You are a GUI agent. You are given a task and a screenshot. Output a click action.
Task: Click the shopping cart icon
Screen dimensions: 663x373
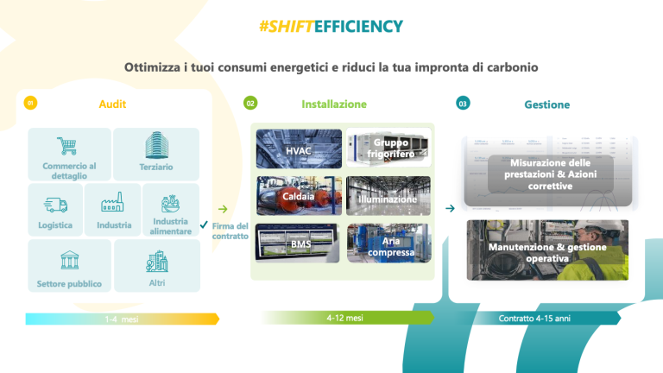point(66,146)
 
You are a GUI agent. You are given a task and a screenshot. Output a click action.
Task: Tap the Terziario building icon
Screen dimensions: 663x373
point(156,145)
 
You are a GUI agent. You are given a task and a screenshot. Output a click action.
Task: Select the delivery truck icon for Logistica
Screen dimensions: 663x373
point(55,205)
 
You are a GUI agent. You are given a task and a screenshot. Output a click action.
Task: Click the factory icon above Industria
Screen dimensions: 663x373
point(112,202)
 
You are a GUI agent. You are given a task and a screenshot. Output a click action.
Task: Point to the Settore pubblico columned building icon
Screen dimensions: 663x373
point(69,260)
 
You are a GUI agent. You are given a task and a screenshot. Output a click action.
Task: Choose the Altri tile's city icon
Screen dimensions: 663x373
point(157,261)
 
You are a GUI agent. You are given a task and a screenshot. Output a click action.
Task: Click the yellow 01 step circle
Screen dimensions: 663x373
point(30,103)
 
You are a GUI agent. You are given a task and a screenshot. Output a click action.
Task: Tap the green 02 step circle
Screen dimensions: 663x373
point(250,104)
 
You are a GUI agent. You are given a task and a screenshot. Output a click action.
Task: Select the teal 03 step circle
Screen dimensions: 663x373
point(463,104)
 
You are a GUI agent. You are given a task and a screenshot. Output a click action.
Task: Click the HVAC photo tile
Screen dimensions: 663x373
point(299,149)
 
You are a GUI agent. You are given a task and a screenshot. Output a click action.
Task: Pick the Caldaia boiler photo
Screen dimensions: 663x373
point(299,196)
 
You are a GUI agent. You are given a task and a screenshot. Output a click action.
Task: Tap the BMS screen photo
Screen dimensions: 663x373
point(298,243)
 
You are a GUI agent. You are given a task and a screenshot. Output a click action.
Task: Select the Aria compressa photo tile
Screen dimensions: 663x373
point(389,243)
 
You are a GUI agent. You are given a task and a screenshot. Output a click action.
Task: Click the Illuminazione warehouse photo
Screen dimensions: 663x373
point(388,196)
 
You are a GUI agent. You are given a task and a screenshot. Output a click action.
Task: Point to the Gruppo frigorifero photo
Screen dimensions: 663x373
point(388,148)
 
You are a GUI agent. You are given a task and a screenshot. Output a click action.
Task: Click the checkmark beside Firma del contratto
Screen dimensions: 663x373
point(204,224)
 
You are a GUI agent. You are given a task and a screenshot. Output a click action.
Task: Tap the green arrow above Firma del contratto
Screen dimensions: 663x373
point(223,209)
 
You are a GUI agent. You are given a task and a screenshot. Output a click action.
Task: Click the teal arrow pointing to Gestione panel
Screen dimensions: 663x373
point(450,208)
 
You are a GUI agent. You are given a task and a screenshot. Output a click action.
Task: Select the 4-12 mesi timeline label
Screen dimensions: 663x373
point(344,318)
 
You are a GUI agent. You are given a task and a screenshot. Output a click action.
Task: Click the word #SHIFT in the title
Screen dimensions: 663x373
point(287,26)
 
